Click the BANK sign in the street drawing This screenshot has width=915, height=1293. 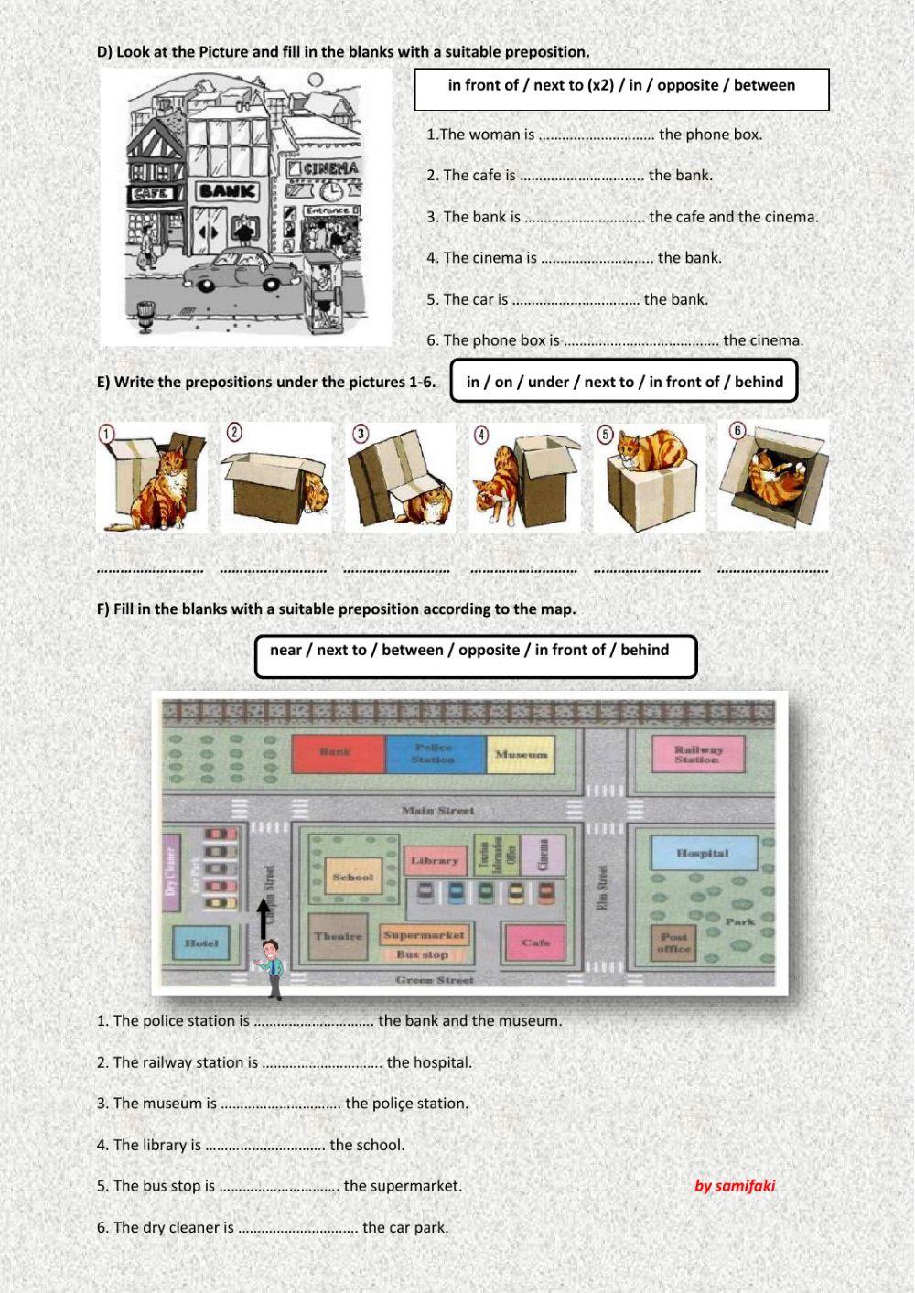point(228,191)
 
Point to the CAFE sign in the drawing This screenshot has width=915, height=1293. point(151,194)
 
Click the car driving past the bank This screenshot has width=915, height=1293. point(231,270)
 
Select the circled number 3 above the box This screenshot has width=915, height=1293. point(361,433)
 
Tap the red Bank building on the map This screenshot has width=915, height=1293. point(336,753)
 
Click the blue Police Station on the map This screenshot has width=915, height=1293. point(434,754)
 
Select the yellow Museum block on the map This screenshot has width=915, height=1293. point(521,754)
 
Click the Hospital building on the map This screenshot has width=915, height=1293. point(703,854)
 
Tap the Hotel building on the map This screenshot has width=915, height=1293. point(201,943)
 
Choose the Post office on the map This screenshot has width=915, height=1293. point(673,943)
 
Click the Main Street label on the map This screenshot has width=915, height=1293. point(438,811)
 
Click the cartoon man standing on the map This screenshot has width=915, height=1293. point(271,968)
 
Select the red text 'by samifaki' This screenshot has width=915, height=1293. point(734,1186)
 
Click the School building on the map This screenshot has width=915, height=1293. point(352,877)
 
